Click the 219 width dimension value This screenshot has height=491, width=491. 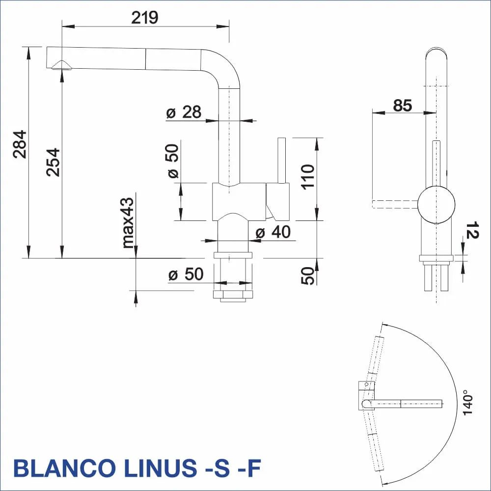point(145,18)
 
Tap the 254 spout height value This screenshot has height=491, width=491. point(53,162)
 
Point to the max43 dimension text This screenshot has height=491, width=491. point(128,222)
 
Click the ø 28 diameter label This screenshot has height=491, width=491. point(184,112)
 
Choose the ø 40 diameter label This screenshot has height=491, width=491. point(273,232)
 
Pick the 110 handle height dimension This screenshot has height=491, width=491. point(307,177)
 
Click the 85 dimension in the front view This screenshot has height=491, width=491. point(402,105)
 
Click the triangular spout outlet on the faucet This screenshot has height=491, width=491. point(62,65)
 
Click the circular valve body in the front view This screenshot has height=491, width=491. point(436,204)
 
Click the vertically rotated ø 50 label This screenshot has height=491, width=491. point(173,160)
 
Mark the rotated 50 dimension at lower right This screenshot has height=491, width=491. point(308,276)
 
